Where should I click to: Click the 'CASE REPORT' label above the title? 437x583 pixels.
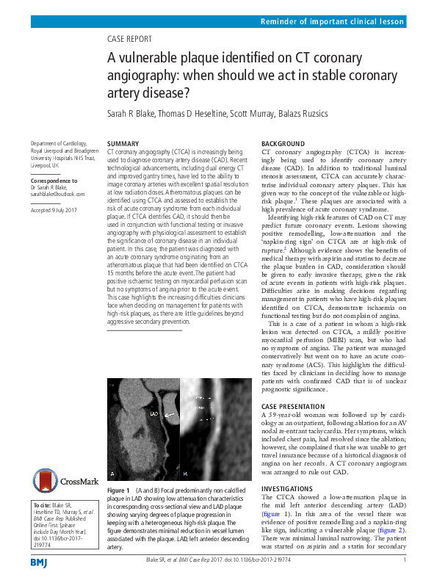(x=129, y=39)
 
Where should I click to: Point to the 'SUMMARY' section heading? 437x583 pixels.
(x=123, y=143)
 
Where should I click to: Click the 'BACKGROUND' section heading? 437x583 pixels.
(x=283, y=143)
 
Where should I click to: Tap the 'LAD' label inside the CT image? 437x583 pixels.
(x=154, y=414)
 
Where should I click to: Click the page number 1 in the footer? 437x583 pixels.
(x=405, y=561)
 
